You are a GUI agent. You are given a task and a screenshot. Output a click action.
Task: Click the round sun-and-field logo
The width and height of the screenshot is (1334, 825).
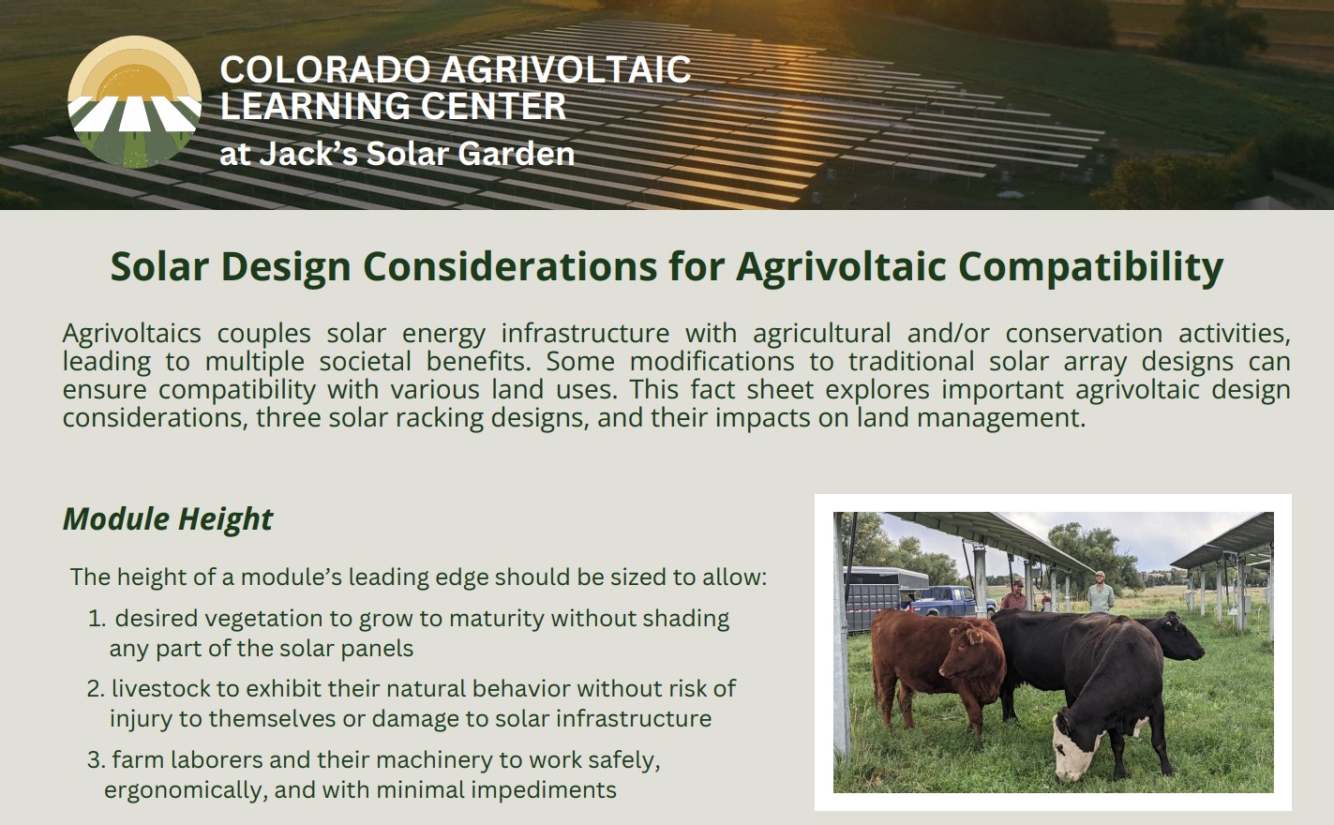tap(135, 102)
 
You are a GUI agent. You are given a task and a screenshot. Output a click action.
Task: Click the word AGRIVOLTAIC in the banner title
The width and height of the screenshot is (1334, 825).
tap(566, 69)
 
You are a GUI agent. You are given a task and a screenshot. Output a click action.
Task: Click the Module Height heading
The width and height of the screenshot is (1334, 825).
tap(168, 518)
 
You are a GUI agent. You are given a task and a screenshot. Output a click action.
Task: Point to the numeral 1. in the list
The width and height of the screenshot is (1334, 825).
tap(97, 619)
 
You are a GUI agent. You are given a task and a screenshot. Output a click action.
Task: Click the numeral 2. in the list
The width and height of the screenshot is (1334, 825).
tap(96, 688)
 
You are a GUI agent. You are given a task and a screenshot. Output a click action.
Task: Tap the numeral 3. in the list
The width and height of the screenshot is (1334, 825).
tap(96, 760)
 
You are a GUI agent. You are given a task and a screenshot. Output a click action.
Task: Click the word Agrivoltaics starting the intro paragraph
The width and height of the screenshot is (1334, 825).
tap(131, 334)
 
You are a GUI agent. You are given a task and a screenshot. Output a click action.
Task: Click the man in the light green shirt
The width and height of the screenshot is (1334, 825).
tap(1100, 592)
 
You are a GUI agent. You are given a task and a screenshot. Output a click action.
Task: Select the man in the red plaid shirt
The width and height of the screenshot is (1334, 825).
tap(1013, 595)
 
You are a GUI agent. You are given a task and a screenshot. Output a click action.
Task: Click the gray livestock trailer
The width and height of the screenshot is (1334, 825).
tap(886, 597)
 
